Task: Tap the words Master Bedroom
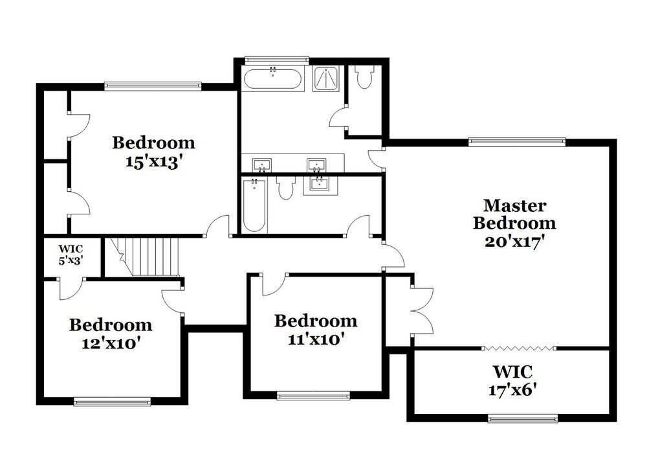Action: click(514, 214)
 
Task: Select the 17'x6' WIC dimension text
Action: click(513, 391)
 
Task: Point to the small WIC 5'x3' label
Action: click(71, 255)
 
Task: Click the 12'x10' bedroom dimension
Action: click(111, 343)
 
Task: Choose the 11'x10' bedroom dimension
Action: click(315, 338)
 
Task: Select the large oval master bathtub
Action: click(272, 80)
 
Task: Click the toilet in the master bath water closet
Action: click(364, 77)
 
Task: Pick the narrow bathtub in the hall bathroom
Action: click(254, 205)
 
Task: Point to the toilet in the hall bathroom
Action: click(286, 187)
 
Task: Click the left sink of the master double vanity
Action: click(262, 163)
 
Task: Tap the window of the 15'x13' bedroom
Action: click(153, 86)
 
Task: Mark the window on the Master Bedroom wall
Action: click(516, 142)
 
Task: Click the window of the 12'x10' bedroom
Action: click(113, 402)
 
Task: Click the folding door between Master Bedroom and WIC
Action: click(519, 349)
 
